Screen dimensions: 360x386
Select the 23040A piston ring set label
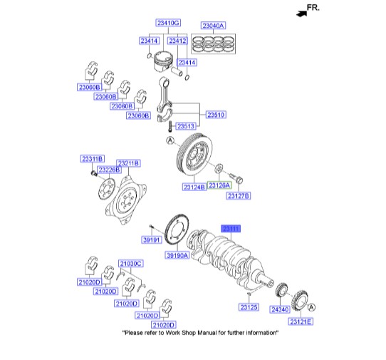tap(212, 26)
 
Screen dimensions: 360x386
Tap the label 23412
tap(177, 41)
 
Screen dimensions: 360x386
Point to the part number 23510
tap(216, 115)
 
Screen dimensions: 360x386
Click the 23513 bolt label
tap(185, 126)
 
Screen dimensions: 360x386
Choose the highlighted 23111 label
tap(232, 228)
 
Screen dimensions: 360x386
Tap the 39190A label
tap(178, 255)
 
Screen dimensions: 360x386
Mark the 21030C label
tap(130, 264)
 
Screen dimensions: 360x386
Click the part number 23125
tap(249, 307)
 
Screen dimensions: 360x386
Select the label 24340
tap(280, 310)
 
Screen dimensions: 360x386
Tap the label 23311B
tap(92, 158)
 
